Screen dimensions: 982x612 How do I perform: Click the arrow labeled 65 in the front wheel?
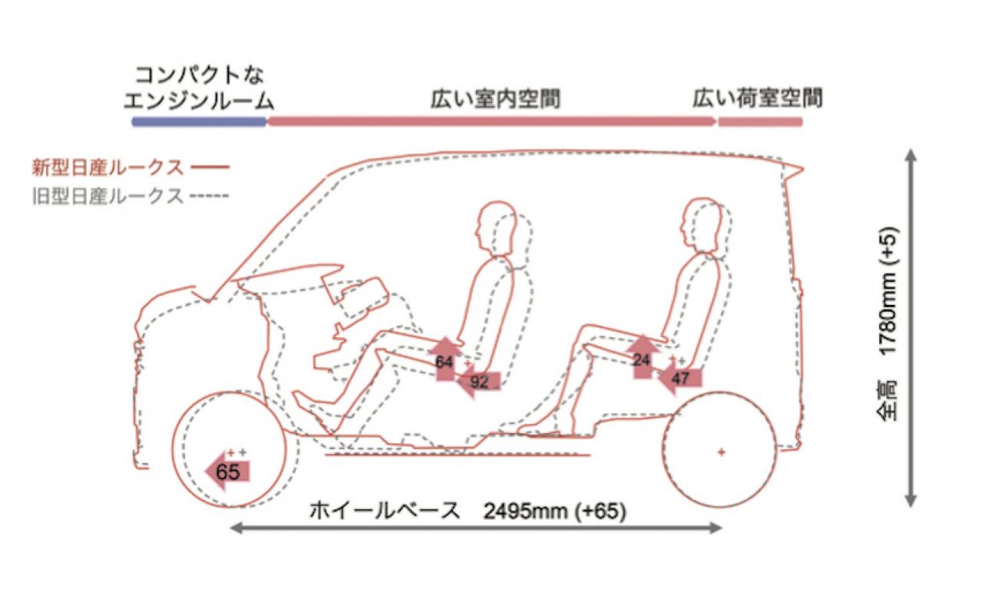pos(227,471)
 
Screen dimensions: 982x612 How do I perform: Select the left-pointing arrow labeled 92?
pos(478,382)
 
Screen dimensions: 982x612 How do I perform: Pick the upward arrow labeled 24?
pos(643,357)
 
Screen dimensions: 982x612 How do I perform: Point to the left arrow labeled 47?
pos(679,378)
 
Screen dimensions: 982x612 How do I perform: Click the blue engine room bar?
pos(199,122)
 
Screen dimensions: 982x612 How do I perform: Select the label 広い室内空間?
pos(494,99)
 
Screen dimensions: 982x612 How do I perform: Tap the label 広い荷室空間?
pos(758,98)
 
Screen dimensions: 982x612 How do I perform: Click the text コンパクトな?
pos(200,75)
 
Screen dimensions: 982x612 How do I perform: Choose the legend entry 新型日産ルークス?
pos(107,168)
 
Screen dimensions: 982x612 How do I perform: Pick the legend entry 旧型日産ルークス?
pos(107,196)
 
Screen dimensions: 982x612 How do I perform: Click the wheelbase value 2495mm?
pos(526,511)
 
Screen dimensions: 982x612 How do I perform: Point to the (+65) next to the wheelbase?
pos(600,511)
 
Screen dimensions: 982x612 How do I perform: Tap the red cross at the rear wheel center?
pos(721,452)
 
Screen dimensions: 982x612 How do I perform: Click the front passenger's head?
pos(495,228)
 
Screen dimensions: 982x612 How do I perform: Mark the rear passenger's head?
pos(702,225)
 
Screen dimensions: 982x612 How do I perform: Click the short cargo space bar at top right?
pos(761,122)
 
